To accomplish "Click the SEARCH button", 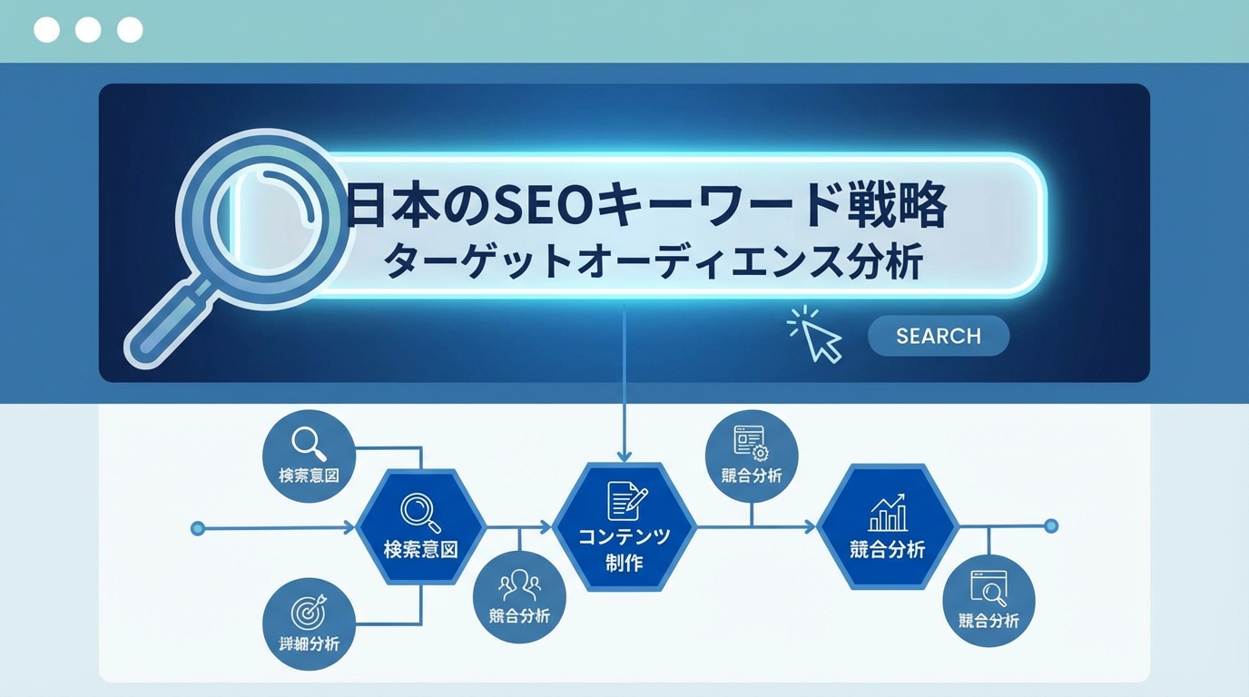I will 938,336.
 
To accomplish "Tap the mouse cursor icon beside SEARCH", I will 821,339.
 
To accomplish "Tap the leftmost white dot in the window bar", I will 46,30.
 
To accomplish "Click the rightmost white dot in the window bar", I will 130,30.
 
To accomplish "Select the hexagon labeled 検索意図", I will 420,527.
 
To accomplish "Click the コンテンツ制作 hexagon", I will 624,527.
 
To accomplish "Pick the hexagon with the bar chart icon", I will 888,527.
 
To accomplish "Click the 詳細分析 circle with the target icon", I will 309,624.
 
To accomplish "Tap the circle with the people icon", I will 520,596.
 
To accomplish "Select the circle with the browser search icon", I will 988,601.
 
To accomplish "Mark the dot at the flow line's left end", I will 198,527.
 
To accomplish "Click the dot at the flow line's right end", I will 1051,525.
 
